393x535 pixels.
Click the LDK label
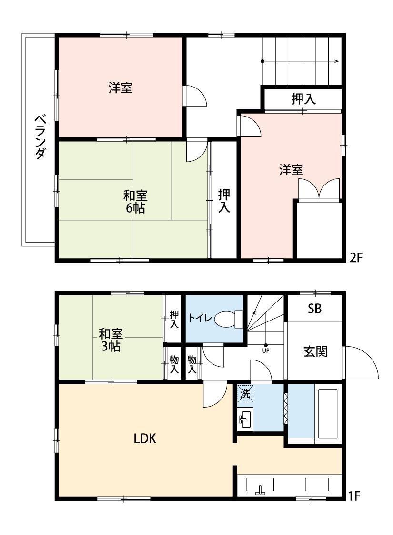pos(145,438)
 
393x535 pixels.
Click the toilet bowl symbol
pos(228,319)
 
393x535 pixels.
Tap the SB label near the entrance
pos(314,309)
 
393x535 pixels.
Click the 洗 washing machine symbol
pos(245,394)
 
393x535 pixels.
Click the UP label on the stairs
pos(266,350)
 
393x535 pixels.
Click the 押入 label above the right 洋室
pos(303,99)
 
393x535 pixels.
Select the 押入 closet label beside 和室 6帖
pos(224,201)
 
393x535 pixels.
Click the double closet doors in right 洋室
pos(319,189)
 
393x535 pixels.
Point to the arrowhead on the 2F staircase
pos(337,61)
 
